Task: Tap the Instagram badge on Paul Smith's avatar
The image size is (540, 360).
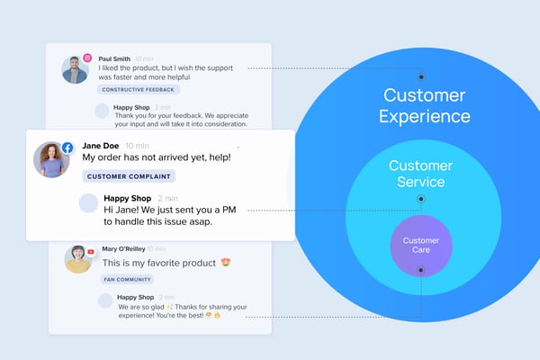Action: tap(87, 58)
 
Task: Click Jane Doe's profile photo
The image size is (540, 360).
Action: tap(51, 160)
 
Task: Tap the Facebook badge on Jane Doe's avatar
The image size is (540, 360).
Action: tap(67, 146)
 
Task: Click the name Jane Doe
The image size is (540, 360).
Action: tap(101, 145)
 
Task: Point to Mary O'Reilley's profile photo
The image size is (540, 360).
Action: tap(77, 258)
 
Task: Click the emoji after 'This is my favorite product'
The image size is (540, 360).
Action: tap(226, 263)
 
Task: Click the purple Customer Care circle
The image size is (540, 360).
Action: tap(420, 245)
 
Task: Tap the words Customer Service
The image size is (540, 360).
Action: tap(420, 174)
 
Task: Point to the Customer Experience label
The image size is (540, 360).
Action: tap(424, 105)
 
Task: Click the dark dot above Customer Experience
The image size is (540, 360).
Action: tap(420, 76)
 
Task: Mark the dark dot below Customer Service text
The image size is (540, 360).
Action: tap(420, 198)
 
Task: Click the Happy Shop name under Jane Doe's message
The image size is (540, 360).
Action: tap(127, 198)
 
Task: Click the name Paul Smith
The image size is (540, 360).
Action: tap(114, 58)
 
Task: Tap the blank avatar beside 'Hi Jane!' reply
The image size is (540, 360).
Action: tap(88, 203)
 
